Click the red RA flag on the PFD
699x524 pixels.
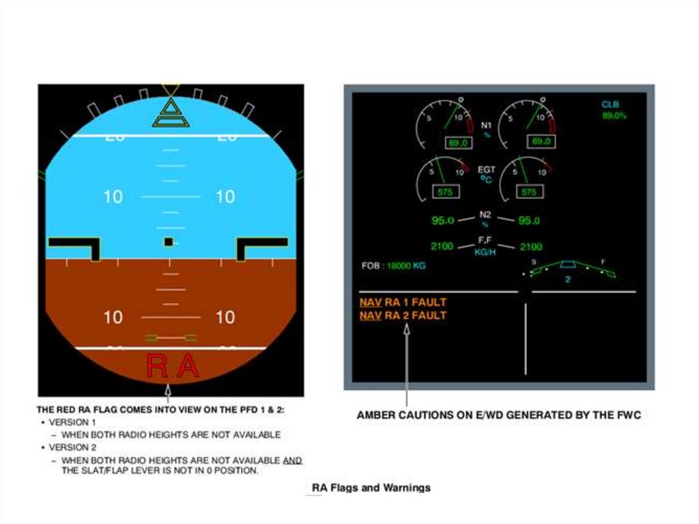(x=173, y=367)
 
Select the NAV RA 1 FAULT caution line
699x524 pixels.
(x=403, y=302)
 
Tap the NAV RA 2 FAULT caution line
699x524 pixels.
(x=403, y=316)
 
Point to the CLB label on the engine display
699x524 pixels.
(x=610, y=105)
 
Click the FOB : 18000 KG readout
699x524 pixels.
(x=393, y=266)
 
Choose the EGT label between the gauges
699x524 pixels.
(x=487, y=169)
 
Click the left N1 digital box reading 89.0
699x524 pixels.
(x=457, y=142)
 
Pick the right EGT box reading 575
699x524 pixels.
(x=529, y=192)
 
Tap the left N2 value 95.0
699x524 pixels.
(x=443, y=221)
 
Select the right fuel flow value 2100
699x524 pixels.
(x=531, y=247)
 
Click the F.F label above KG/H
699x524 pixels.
(x=485, y=240)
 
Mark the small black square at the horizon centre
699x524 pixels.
(x=169, y=242)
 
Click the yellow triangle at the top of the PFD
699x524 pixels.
(x=171, y=89)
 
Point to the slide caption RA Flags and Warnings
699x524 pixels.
(x=371, y=488)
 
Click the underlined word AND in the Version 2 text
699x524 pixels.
(x=292, y=460)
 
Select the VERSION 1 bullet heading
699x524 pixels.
(x=72, y=422)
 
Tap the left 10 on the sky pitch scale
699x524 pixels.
(x=113, y=197)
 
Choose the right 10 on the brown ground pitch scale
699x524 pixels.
(x=225, y=317)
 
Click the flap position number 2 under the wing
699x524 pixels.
(x=567, y=279)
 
